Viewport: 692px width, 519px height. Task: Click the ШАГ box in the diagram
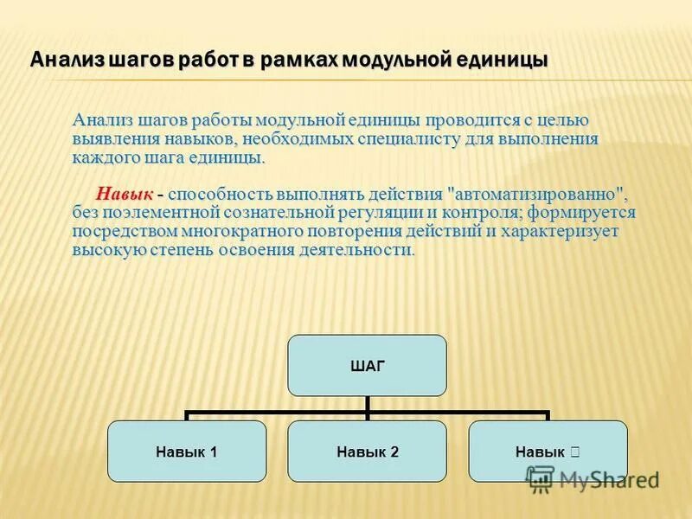[x=367, y=365]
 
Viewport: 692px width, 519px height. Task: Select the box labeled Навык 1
[x=186, y=451]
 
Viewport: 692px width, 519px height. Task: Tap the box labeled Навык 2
[x=367, y=451]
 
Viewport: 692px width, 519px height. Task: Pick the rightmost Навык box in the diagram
[x=548, y=451]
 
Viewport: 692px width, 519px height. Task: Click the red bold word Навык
[x=125, y=192]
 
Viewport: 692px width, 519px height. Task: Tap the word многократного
[x=241, y=231]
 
